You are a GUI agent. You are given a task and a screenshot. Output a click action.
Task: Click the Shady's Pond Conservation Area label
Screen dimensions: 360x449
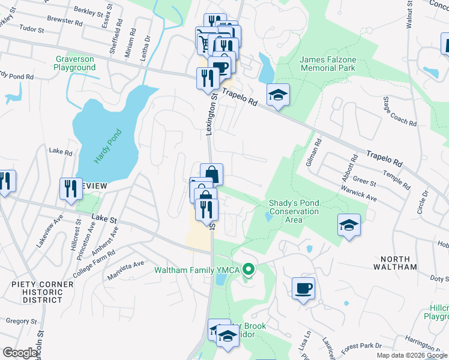pos(294,211)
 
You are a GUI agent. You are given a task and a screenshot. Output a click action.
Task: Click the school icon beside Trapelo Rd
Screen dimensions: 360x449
pos(277,95)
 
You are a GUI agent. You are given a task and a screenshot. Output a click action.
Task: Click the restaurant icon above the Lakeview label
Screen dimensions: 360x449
pos(71,189)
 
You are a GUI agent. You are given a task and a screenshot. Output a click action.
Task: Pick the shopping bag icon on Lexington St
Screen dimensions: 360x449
pos(211,175)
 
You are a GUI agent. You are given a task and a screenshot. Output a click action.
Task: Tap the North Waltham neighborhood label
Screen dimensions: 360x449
pos(395,262)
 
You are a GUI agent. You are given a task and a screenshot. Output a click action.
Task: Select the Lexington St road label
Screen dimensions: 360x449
pos(211,113)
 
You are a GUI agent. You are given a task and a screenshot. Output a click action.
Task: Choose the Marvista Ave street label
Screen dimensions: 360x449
pos(126,264)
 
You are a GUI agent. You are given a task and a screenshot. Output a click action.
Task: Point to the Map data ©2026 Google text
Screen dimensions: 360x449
pos(411,355)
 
